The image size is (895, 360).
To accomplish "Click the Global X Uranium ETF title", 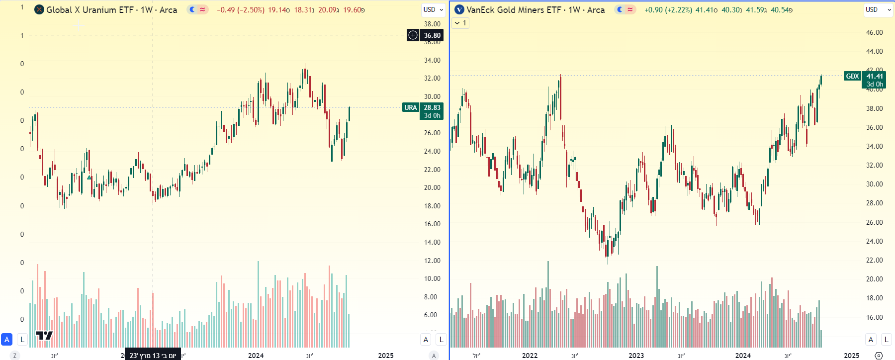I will tap(111, 10).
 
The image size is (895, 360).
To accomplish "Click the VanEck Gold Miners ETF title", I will tap(535, 10).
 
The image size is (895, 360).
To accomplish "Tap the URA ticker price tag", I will tap(411, 107).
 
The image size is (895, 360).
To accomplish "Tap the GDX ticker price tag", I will tap(852, 76).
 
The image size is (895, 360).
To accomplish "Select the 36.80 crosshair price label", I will tap(432, 35).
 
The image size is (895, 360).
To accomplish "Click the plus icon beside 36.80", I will tap(413, 35).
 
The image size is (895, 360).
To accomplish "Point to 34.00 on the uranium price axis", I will tap(432, 60).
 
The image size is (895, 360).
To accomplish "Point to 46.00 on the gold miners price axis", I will tap(874, 32).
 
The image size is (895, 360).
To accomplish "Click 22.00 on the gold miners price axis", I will tap(874, 260).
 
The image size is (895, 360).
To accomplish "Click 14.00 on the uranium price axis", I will tap(432, 242).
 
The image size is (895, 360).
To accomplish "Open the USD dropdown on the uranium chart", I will tap(433, 10).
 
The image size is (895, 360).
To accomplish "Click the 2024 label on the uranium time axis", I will tap(256, 355).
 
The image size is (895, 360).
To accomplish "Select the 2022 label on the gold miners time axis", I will tap(530, 355).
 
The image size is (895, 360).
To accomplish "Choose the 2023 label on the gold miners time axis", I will tap(636, 355).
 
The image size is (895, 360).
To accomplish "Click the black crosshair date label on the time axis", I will tap(153, 355).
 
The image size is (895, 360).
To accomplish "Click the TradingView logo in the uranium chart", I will tap(44, 336).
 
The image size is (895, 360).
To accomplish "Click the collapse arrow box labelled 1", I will tap(460, 23).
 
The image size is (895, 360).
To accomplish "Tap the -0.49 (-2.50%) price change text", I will tap(241, 10).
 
